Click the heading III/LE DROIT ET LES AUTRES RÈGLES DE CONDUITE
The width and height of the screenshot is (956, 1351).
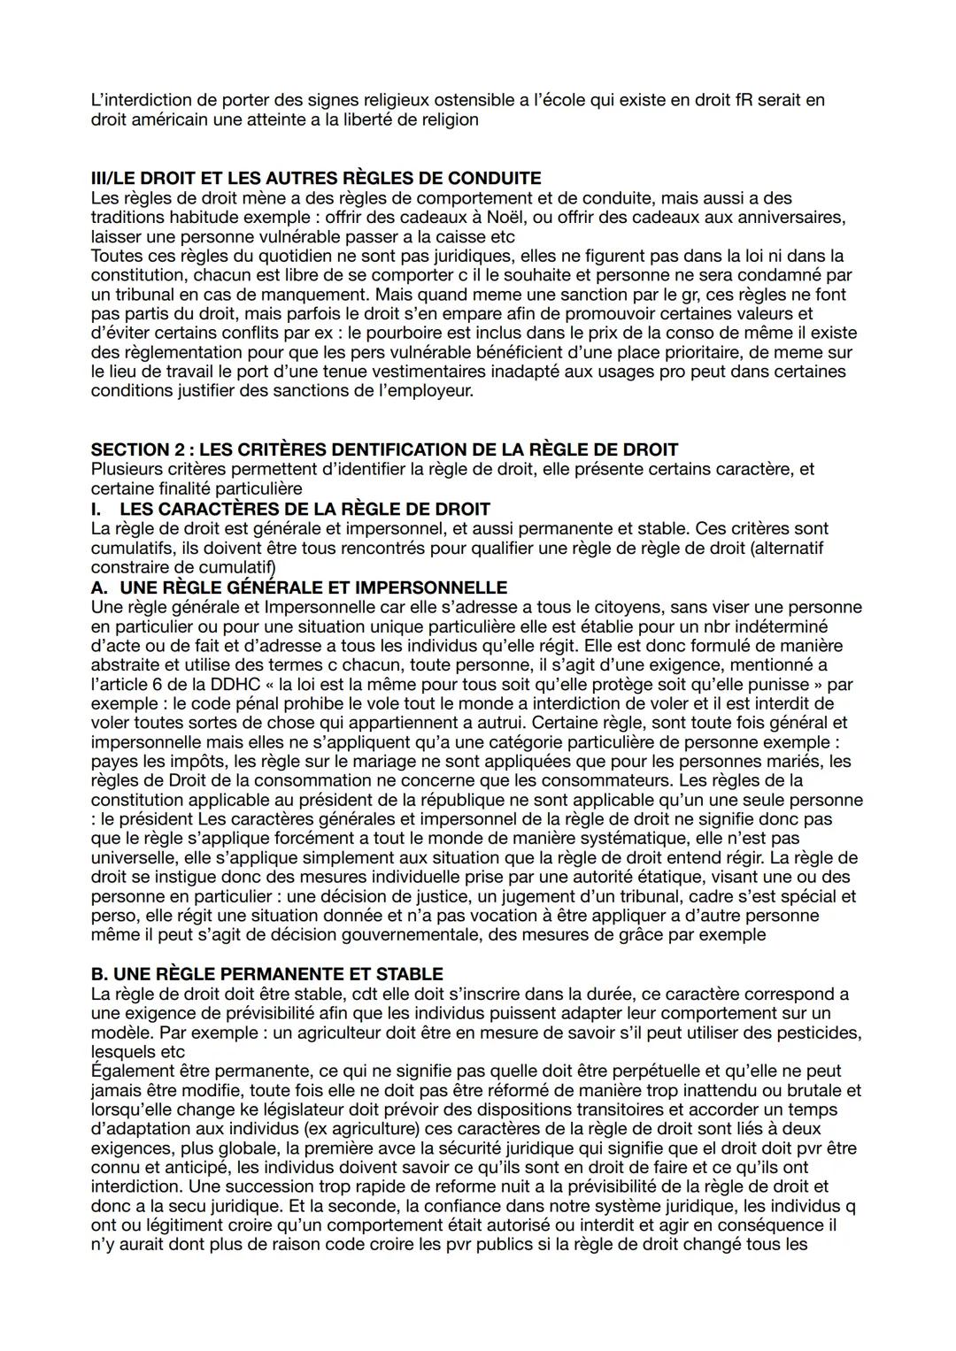click(x=316, y=179)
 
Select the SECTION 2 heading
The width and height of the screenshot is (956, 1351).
click(x=384, y=449)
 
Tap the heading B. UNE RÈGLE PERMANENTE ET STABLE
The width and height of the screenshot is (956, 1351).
click(x=267, y=974)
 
